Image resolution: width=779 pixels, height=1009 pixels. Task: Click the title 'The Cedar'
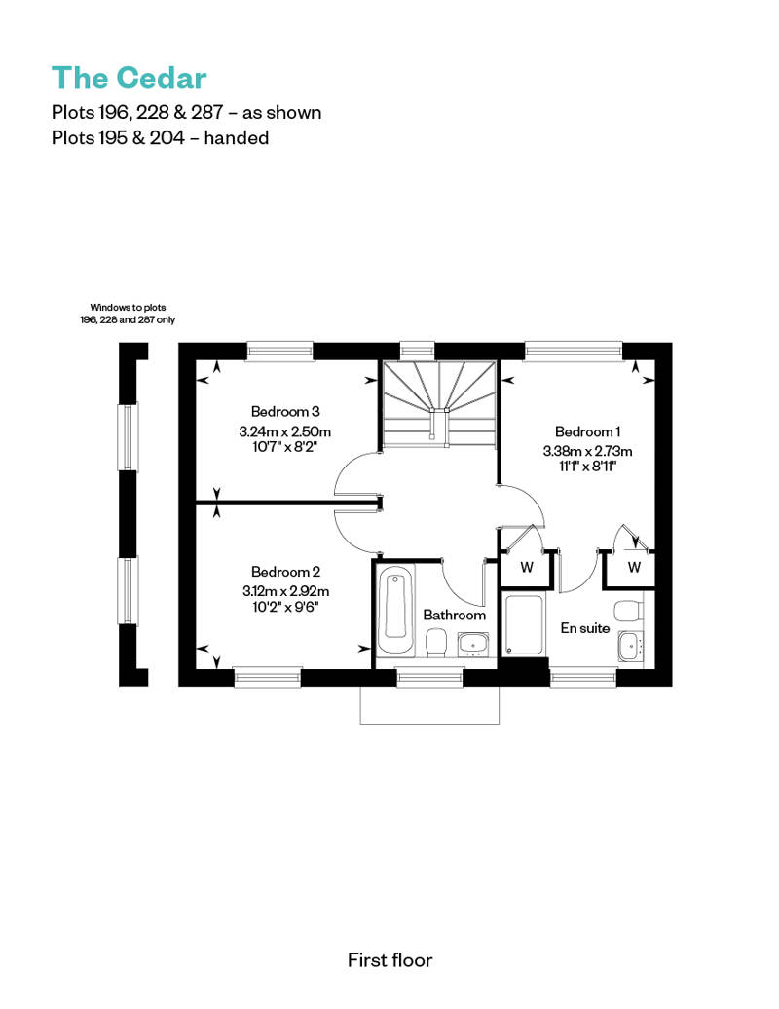(x=130, y=78)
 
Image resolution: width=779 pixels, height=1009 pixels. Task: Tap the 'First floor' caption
(x=389, y=960)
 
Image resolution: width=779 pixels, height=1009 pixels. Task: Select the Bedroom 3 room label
(x=285, y=411)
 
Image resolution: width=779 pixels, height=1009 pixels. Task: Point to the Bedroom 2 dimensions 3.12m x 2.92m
(x=285, y=591)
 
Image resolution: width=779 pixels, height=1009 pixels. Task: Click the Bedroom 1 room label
(x=587, y=431)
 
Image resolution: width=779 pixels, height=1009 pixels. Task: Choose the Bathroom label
(x=454, y=615)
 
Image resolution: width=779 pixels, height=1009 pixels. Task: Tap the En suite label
(x=584, y=628)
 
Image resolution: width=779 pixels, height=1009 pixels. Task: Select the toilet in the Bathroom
(x=437, y=643)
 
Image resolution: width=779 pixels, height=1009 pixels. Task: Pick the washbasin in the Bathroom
(x=473, y=645)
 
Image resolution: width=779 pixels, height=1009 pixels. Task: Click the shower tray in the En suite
(x=524, y=625)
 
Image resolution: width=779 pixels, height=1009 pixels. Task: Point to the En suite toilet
(x=628, y=610)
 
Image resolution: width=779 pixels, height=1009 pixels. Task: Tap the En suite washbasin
(x=630, y=646)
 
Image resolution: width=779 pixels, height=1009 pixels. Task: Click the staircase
(x=440, y=403)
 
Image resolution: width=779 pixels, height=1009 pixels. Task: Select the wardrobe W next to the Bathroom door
(x=527, y=567)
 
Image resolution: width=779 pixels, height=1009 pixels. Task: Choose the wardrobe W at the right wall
(x=633, y=567)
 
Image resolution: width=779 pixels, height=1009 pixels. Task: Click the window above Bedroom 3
(x=279, y=351)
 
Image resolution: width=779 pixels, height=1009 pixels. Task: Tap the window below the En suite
(x=583, y=677)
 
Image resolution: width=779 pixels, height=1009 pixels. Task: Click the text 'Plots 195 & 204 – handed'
(x=160, y=137)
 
